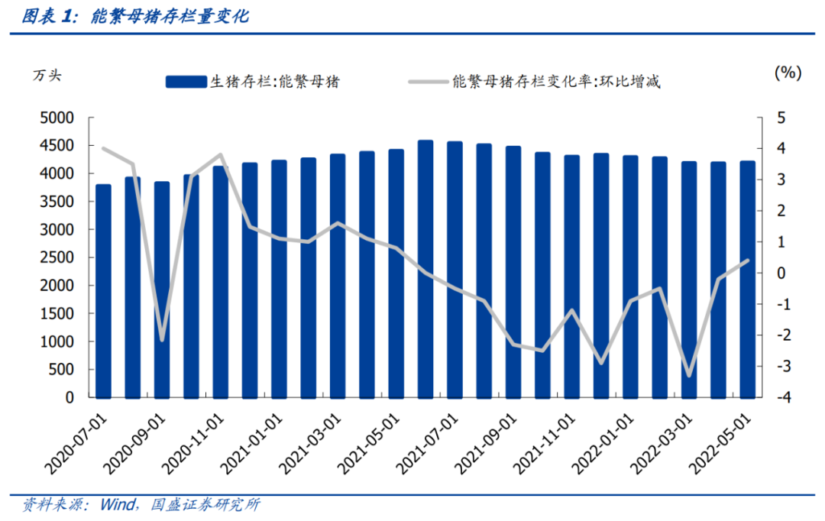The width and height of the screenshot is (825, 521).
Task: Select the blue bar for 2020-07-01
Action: tap(103, 290)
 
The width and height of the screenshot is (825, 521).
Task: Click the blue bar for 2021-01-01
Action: tap(279, 279)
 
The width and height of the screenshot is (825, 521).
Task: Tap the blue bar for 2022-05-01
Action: tap(747, 279)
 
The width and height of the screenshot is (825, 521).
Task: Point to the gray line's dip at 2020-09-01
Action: tap(162, 339)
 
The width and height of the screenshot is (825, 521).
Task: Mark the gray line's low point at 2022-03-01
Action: tap(689, 375)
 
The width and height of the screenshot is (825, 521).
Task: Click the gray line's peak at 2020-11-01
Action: tap(221, 154)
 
